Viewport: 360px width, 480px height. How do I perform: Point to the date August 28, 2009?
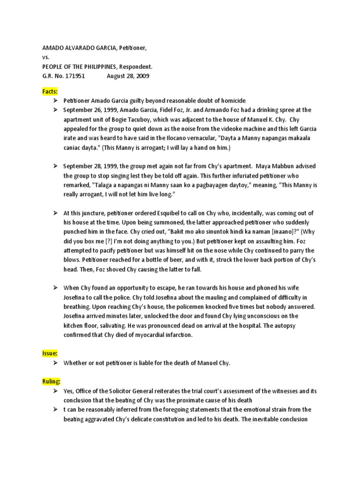[128, 75]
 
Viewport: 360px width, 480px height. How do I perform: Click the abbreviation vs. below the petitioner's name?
[46, 58]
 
